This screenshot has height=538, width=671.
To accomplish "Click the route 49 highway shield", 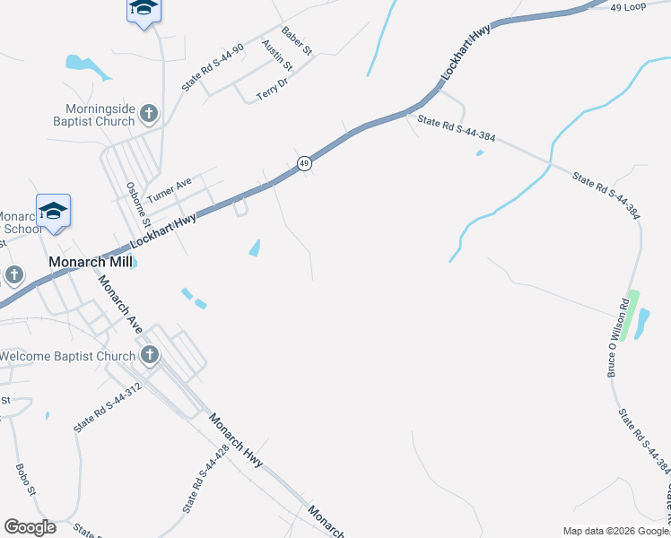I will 305,163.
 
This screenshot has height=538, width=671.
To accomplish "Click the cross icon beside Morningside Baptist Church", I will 149,113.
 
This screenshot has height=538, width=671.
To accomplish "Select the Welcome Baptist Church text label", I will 67,356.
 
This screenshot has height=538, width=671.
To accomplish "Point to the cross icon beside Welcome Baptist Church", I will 149,356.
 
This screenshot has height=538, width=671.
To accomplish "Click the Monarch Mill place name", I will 90,262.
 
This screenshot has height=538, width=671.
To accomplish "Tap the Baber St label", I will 296,42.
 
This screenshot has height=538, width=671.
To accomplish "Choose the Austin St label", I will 277,55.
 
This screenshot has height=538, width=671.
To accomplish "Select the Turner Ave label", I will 170,188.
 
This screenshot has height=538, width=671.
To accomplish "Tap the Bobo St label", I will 25,481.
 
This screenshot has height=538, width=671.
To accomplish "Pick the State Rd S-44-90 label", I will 213,68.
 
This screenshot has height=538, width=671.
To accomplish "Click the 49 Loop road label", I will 628,7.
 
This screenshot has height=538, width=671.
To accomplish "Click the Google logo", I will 30,527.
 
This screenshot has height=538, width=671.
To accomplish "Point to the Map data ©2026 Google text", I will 615,531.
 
